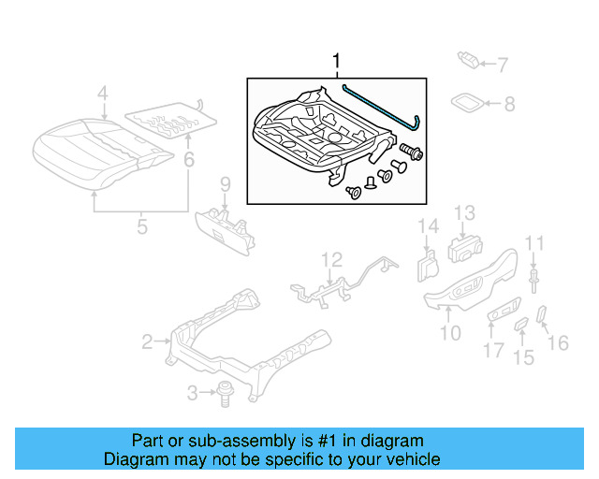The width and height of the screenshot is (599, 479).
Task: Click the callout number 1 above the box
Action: [336, 63]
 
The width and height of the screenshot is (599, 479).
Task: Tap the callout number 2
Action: [147, 342]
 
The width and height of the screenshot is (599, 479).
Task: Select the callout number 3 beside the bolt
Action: [193, 393]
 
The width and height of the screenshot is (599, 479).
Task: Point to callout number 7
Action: [502, 65]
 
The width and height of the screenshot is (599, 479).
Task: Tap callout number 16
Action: [558, 343]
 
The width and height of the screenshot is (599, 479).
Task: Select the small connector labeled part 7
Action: [470, 62]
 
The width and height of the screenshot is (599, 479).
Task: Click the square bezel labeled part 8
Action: [468, 102]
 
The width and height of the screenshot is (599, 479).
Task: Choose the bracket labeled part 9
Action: [225, 226]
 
